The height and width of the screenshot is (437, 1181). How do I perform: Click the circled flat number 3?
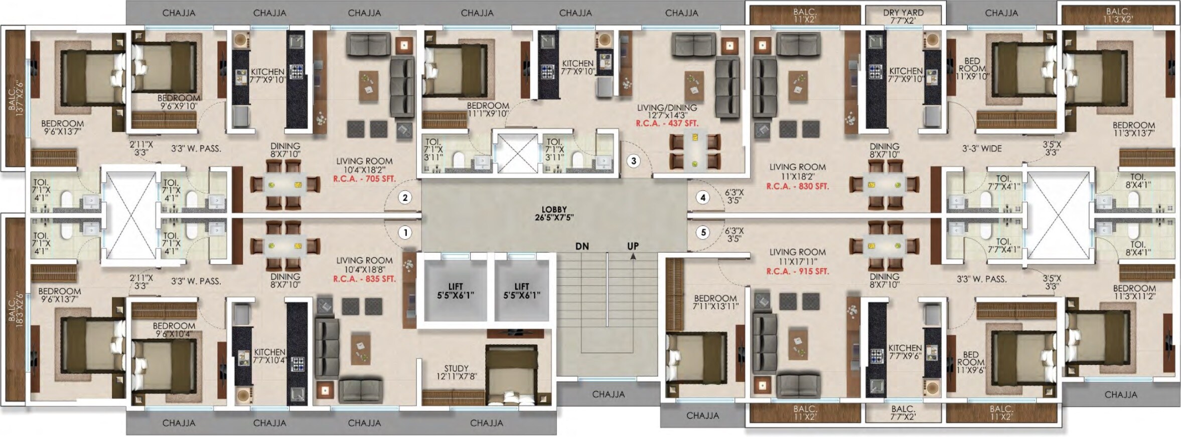coord(634,161)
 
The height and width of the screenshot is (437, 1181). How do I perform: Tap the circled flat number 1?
coord(405,233)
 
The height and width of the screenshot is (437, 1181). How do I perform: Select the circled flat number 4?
coord(703,197)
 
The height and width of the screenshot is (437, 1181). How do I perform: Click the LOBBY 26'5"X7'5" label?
coord(554,213)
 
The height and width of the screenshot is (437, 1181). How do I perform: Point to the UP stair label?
coord(633,246)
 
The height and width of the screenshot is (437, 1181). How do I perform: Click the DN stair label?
coord(582,246)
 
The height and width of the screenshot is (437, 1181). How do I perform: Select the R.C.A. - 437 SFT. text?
coord(667,123)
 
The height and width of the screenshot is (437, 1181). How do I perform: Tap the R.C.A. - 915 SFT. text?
coord(797,271)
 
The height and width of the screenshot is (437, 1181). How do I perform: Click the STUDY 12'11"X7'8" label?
coord(456,372)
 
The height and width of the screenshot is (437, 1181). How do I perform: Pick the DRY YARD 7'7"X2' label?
coord(903,17)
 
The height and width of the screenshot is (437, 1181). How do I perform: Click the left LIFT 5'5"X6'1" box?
coord(455,291)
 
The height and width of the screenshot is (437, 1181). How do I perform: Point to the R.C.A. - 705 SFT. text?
coord(364,178)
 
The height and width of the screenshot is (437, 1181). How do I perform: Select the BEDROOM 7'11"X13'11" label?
coord(715,302)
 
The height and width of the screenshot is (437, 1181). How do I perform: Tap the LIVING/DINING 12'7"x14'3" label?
coord(667,111)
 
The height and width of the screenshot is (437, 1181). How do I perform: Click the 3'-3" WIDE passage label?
coord(982,149)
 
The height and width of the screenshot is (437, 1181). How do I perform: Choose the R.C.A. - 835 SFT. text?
coord(364,279)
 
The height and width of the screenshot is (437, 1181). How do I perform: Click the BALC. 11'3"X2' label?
coord(1118,15)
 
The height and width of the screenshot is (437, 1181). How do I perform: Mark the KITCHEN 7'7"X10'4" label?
coord(269,356)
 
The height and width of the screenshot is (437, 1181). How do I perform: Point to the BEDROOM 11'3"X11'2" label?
coord(1134,292)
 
